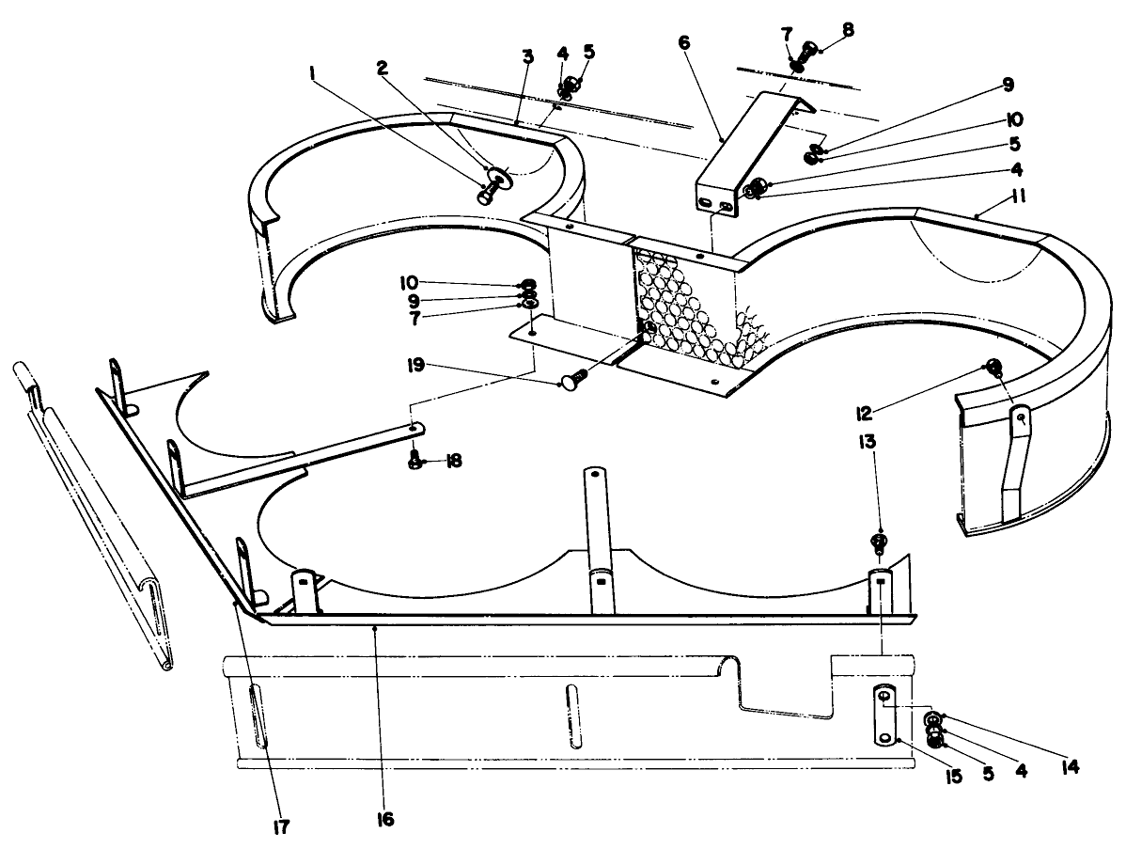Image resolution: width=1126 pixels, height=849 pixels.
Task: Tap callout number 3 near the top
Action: pos(527,57)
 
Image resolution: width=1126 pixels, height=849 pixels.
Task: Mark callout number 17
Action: pos(280,826)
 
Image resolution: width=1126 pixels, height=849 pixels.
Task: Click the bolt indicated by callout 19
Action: pos(572,382)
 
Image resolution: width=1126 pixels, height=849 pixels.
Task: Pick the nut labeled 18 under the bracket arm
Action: pos(414,461)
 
